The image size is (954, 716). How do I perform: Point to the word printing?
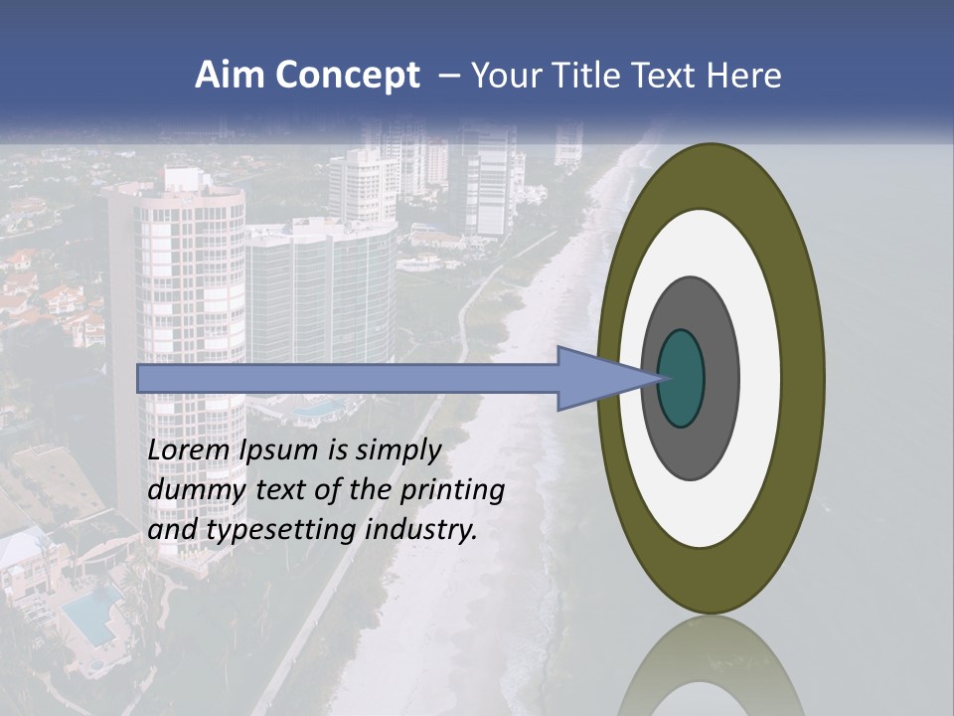pos(451,491)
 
